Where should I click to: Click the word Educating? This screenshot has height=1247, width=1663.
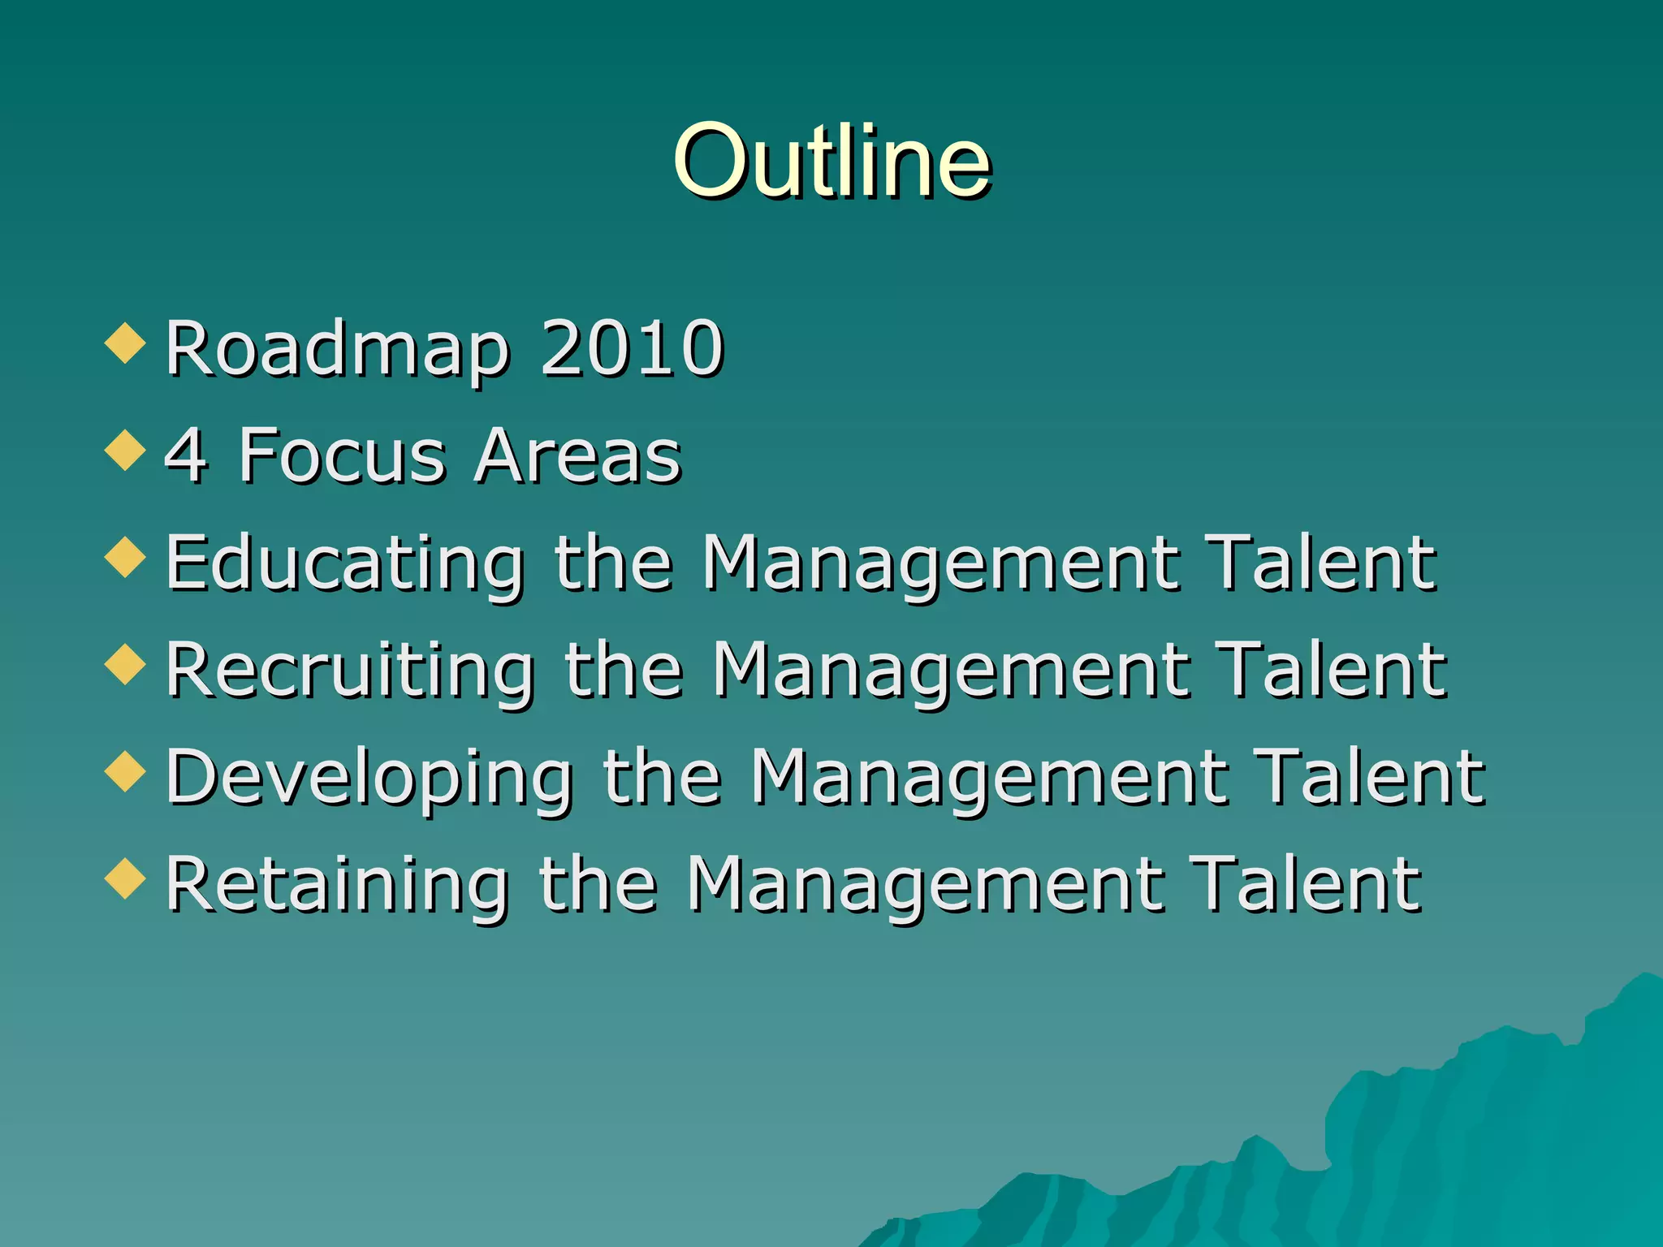point(345,564)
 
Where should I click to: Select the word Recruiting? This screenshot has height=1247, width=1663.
point(350,671)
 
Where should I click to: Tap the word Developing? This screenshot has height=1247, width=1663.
point(369,779)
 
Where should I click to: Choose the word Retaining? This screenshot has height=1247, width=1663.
point(338,885)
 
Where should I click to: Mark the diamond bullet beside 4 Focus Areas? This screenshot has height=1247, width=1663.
point(125,450)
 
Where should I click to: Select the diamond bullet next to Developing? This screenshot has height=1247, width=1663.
point(125,771)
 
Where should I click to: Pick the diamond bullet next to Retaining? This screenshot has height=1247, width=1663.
point(125,878)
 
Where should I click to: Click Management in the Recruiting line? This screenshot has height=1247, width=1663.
point(950,671)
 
